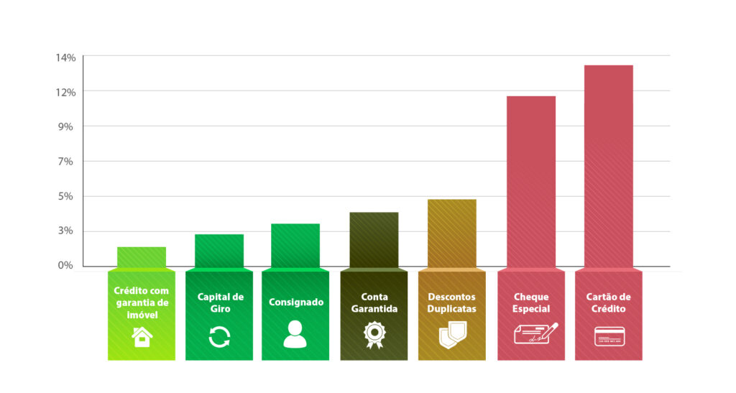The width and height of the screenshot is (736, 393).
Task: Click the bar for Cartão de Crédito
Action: click(x=608, y=165)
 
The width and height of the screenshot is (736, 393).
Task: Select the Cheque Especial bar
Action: click(x=530, y=181)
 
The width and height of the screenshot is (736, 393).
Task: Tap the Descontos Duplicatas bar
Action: click(x=451, y=233)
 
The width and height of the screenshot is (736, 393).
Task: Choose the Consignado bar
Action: click(x=295, y=245)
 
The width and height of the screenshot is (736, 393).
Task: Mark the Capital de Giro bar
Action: click(x=218, y=250)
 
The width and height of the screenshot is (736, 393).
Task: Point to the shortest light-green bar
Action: click(x=142, y=256)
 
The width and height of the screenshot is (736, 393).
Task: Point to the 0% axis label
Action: click(x=65, y=266)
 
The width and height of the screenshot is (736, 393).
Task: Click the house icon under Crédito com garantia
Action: click(x=142, y=336)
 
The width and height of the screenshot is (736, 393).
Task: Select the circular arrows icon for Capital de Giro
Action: click(x=219, y=336)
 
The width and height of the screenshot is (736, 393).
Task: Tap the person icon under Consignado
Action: click(x=295, y=334)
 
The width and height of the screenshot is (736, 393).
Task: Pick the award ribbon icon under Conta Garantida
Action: click(x=374, y=335)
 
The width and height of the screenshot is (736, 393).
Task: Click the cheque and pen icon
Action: click(x=535, y=333)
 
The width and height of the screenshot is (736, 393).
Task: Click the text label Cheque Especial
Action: click(x=532, y=302)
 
